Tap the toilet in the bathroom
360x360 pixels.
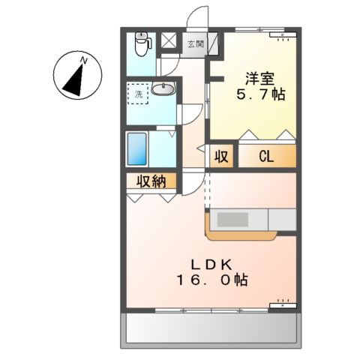coord(141,45)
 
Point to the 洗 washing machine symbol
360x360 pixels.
coord(138,94)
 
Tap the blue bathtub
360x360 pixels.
coord(136,148)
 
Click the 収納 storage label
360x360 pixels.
coord(150,181)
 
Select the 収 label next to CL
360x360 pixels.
coord(220,157)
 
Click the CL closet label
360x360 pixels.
coord(266,157)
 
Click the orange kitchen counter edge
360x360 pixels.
coord(240,235)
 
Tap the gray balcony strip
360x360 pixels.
coord(212,327)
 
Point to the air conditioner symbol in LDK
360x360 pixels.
coord(283,304)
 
